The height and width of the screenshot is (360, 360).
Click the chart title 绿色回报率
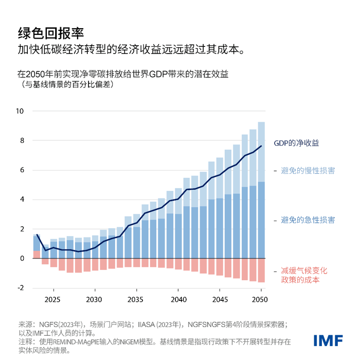[x=50, y=33]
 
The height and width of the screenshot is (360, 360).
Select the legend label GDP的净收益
[x=299, y=142]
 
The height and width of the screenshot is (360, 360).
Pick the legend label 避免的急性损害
[x=308, y=220]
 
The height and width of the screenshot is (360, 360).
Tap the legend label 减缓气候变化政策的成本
[x=304, y=275]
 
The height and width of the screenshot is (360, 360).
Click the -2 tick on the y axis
[x=21, y=288]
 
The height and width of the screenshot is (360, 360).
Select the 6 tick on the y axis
[x=22, y=170]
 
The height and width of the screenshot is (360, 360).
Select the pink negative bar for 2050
[x=261, y=270]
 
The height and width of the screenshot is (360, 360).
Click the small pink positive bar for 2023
[x=37, y=255]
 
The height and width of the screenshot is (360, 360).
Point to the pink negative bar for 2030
[x=95, y=264]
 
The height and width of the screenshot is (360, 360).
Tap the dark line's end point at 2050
[x=261, y=146]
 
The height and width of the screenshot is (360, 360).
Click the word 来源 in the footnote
[x=26, y=325]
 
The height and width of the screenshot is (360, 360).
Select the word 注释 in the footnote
[x=26, y=341]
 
